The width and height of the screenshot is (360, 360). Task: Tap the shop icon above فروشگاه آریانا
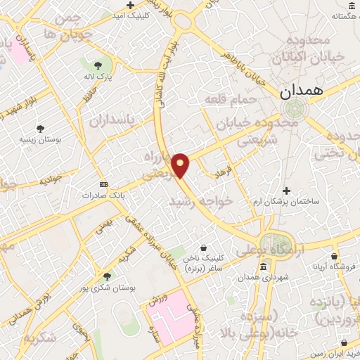pyautogui.click(x=334, y=256)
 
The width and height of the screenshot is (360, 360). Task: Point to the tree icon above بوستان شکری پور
pyautogui.click(x=107, y=276)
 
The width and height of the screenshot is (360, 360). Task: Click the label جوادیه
pyautogui.click(x=51, y=181)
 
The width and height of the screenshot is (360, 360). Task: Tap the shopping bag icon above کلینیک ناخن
pyautogui.click(x=203, y=247)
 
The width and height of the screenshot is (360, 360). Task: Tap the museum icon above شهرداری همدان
pyautogui.click(x=263, y=266)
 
